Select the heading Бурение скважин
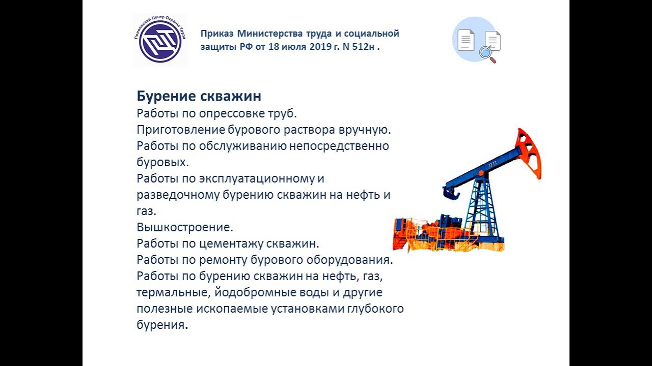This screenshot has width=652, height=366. pyautogui.click(x=199, y=96)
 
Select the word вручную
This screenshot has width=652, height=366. pyautogui.click(x=366, y=130)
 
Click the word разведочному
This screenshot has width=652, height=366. pyautogui.click(x=177, y=195)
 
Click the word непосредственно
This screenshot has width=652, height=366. pyautogui.click(x=339, y=146)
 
